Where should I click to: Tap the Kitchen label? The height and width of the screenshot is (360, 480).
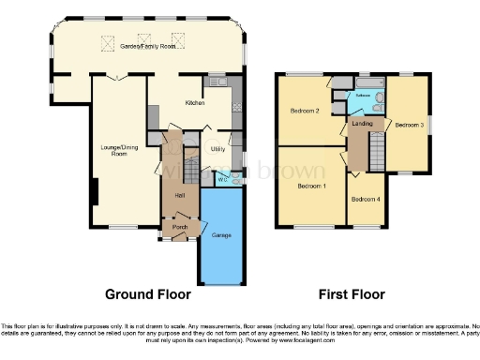point(194,102)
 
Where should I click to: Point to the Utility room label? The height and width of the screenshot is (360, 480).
point(216,148)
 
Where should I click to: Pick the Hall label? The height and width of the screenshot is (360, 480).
point(178,194)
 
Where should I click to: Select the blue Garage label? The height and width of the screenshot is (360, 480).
point(222,234)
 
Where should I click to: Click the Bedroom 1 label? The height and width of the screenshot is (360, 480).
point(311,186)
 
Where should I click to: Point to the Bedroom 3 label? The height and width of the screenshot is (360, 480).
point(409,124)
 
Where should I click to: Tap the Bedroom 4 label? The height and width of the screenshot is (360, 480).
point(366,200)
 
